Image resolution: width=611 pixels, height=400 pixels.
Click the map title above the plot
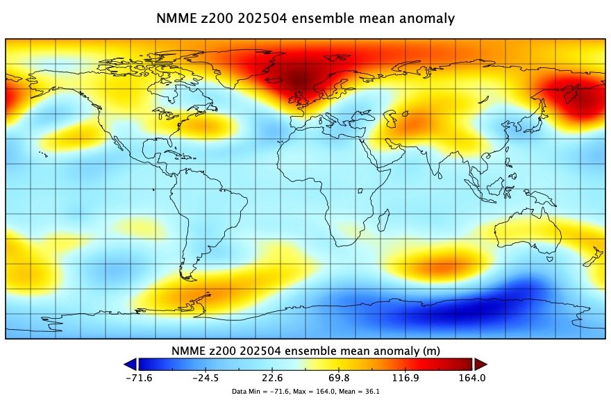305,18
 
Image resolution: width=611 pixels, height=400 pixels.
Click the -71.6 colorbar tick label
139,378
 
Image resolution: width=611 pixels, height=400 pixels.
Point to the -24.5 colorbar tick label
206,378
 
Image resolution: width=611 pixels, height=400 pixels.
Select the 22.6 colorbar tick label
272,378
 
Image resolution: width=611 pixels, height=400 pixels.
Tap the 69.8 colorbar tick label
339,378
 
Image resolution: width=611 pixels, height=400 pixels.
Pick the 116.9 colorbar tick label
405,378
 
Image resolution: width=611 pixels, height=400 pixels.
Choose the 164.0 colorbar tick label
472,378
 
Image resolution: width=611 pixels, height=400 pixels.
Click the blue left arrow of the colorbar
131,364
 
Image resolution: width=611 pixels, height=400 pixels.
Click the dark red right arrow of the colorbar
480,364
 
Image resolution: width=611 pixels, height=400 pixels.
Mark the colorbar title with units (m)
305,351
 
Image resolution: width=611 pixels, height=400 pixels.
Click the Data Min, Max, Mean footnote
305,392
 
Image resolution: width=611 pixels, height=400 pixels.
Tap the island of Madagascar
384,220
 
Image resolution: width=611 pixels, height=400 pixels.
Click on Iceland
275,80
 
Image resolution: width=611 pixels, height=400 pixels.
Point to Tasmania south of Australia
550,258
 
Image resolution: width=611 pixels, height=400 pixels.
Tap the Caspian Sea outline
390,118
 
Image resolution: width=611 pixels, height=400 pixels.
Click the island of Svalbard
337,58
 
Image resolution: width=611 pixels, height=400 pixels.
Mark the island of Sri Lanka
439,176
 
